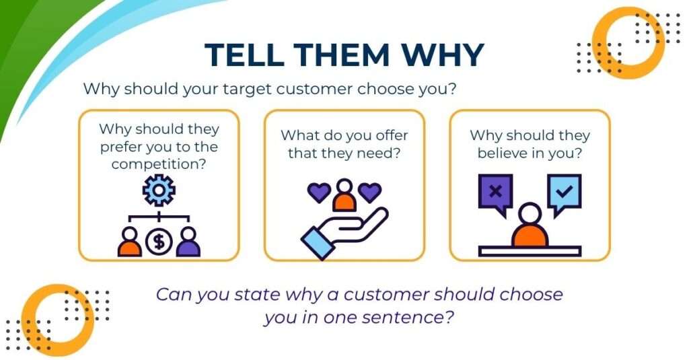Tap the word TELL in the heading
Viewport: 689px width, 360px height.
(x=244, y=55)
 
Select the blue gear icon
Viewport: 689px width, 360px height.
(x=159, y=190)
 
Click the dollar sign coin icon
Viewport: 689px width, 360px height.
(x=159, y=242)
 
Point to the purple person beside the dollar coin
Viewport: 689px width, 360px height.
(x=188, y=242)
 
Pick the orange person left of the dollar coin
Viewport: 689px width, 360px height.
(x=130, y=242)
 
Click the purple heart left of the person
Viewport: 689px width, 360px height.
(x=318, y=192)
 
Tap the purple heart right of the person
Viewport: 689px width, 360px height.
(x=370, y=192)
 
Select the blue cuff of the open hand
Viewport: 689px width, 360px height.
(x=318, y=243)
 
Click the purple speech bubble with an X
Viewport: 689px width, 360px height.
(x=495, y=193)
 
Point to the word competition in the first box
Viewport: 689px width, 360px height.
(x=159, y=164)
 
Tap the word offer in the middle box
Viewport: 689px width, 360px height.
(x=389, y=135)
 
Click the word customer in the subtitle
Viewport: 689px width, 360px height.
(x=314, y=89)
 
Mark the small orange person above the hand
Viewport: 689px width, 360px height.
(x=344, y=194)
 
